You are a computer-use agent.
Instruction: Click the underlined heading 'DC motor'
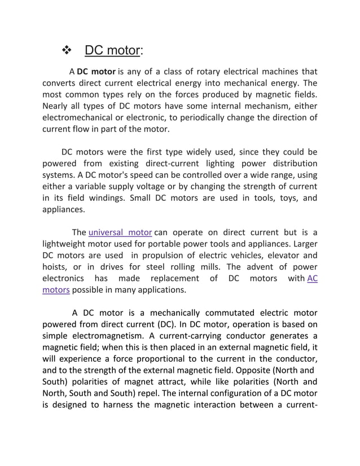pos(112,51)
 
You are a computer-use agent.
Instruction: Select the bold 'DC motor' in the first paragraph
pos(96,72)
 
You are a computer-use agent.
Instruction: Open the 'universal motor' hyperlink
pos(120,232)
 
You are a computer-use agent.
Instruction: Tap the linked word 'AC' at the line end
pos(312,278)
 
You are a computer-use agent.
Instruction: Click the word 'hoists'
pos(56,267)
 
